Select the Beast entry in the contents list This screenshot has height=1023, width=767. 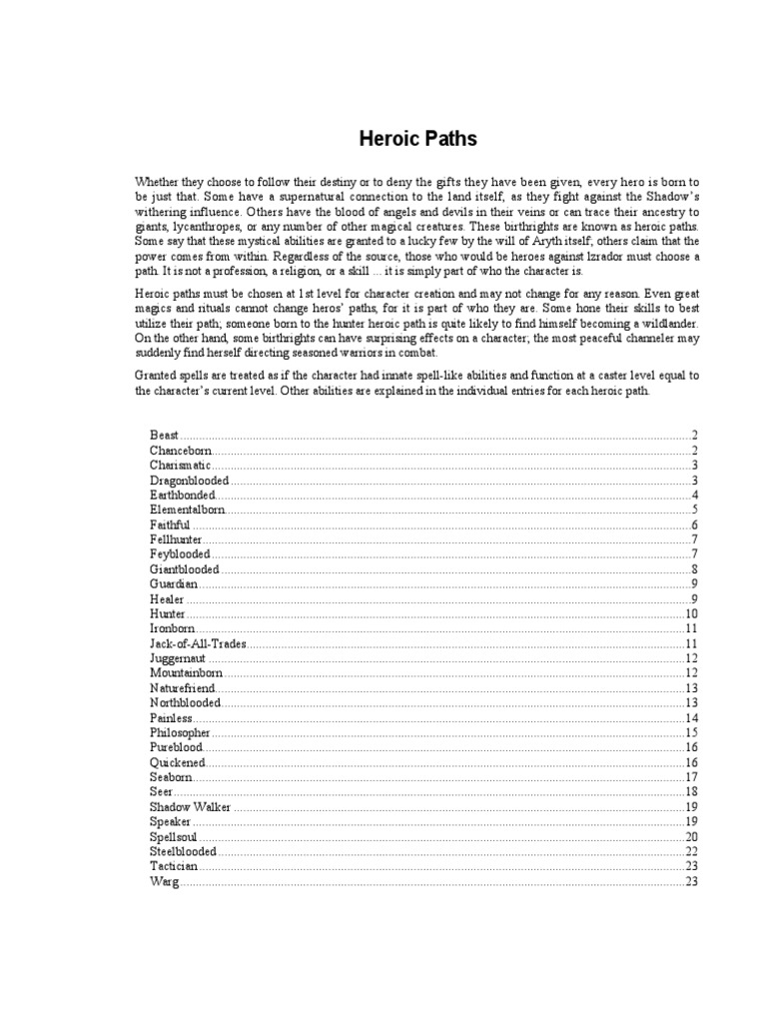pyautogui.click(x=165, y=436)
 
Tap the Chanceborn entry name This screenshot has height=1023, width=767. pyautogui.click(x=180, y=451)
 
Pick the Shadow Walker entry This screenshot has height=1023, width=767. pyautogui.click(x=191, y=806)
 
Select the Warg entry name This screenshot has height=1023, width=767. pyautogui.click(x=164, y=880)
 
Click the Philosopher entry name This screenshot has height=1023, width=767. pyautogui.click(x=180, y=732)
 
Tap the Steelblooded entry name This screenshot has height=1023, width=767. pyautogui.click(x=183, y=850)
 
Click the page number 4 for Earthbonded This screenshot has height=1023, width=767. pyautogui.click(x=693, y=495)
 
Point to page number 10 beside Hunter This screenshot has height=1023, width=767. pyautogui.click(x=690, y=613)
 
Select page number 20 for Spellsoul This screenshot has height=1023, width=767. pyautogui.click(x=690, y=836)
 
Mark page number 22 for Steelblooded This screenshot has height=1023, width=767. pyautogui.click(x=690, y=850)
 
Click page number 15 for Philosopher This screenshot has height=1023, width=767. pyautogui.click(x=690, y=732)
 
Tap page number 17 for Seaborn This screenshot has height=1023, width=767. pyautogui.click(x=690, y=776)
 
